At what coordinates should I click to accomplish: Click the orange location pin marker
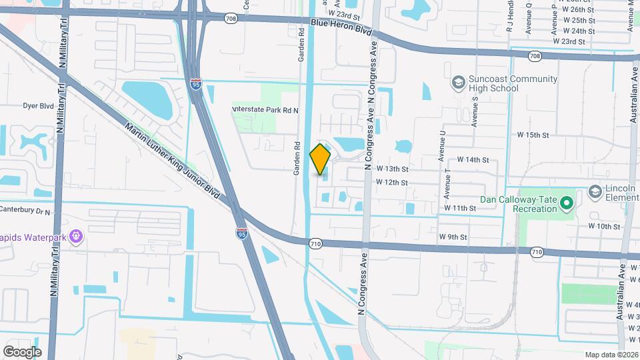coord(321,159)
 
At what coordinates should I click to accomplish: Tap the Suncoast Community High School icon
coord(458,82)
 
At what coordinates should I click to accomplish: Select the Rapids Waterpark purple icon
coord(77,235)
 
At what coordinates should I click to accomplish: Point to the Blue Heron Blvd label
coord(341,27)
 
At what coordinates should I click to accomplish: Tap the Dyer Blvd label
coord(38,105)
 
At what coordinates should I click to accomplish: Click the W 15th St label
coord(533,135)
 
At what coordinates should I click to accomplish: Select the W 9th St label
coord(453,237)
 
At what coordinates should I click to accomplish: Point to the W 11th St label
coord(460,208)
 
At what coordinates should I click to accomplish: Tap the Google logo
coord(22,351)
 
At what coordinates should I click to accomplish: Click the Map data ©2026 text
coord(611,355)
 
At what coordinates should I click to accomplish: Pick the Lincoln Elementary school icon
coord(595,192)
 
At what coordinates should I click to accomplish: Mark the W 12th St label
coord(391,182)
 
